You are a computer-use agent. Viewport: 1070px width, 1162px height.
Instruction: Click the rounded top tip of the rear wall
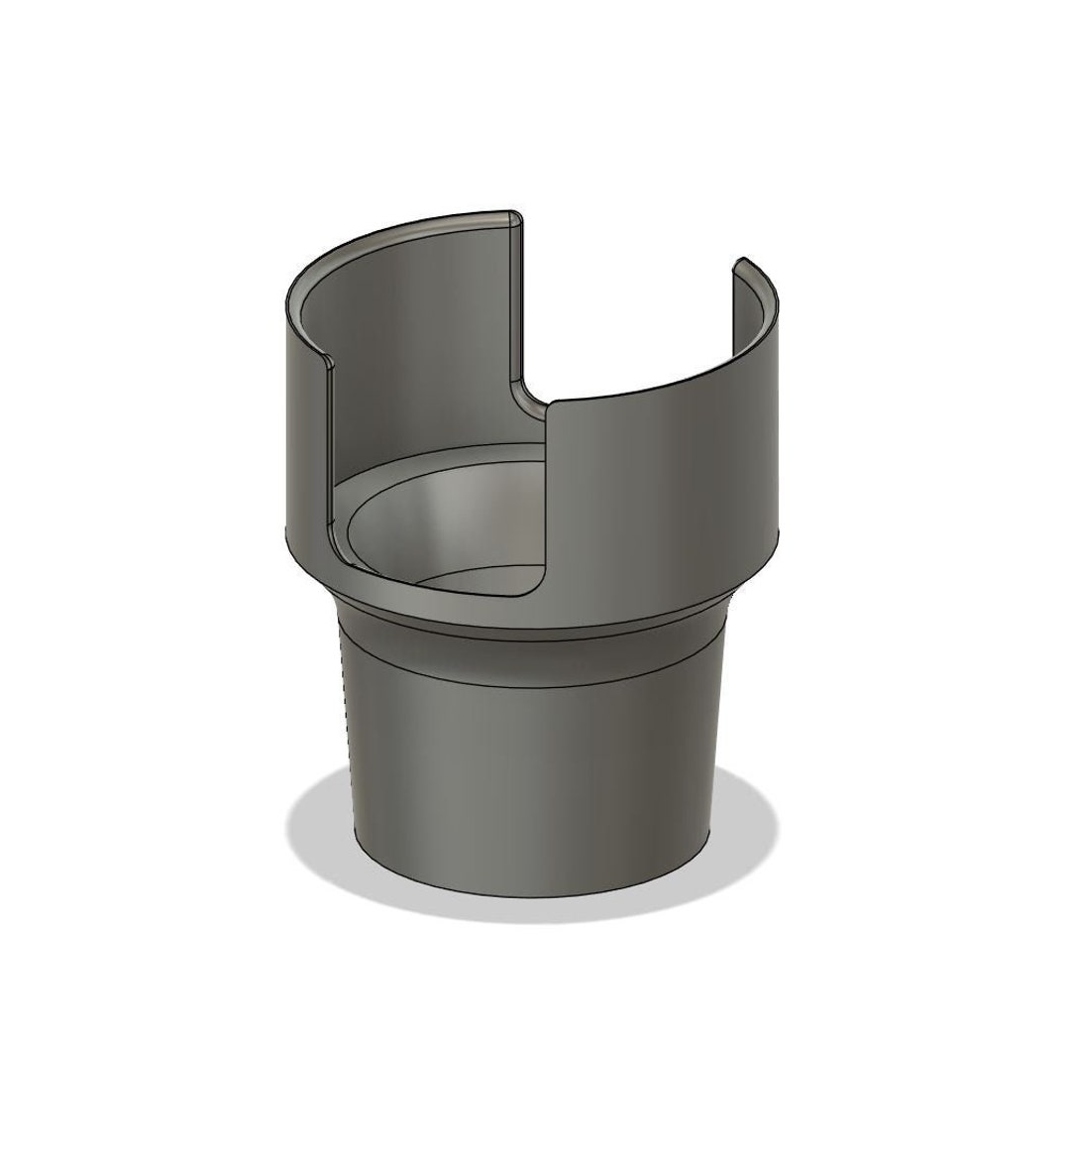coord(511,215)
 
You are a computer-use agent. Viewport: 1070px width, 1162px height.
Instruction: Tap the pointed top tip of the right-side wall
coord(739,265)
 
